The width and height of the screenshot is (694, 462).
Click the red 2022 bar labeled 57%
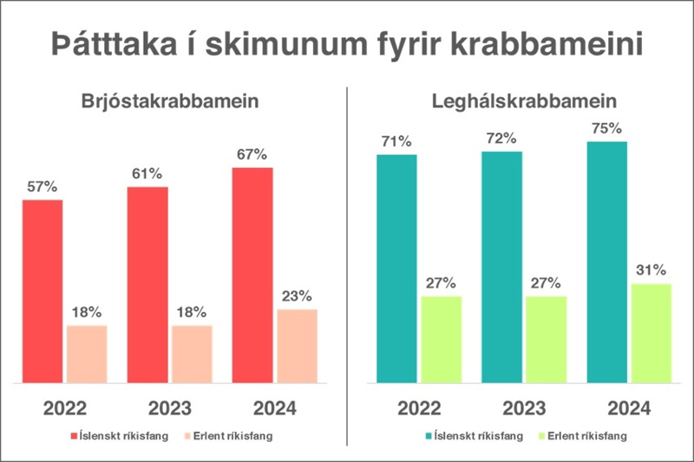pyautogui.click(x=43, y=291)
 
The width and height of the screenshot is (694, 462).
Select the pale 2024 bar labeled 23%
pyautogui.click(x=298, y=346)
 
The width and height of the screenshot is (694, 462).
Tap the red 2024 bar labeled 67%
pyautogui.click(x=252, y=275)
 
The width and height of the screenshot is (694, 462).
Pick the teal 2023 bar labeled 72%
pyautogui.click(x=502, y=267)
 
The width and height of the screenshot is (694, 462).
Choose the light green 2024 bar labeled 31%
pyautogui.click(x=651, y=333)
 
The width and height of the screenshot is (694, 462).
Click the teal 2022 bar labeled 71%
pyautogui.click(x=396, y=269)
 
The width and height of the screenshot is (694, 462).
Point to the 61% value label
pyautogui.click(x=147, y=173)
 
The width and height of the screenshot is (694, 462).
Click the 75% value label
pyautogui.click(x=607, y=128)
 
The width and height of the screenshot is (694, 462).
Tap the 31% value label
pyautogui.click(x=651, y=270)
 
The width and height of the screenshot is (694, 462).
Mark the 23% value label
pyautogui.click(x=298, y=296)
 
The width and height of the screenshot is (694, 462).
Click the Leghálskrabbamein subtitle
pyautogui.click(x=524, y=101)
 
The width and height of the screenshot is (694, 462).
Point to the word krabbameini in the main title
pyautogui.click(x=550, y=43)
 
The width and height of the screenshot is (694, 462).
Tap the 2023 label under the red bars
pyautogui.click(x=170, y=407)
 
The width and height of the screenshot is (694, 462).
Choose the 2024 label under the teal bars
pyautogui.click(x=629, y=407)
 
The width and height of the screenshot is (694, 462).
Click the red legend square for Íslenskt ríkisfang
pyautogui.click(x=75, y=436)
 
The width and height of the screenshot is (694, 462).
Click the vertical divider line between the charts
pyautogui.click(x=347, y=260)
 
